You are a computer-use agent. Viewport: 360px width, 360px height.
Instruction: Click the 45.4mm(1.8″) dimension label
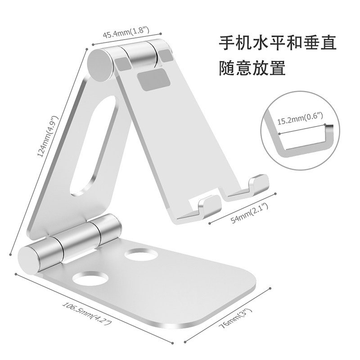click(127, 34)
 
